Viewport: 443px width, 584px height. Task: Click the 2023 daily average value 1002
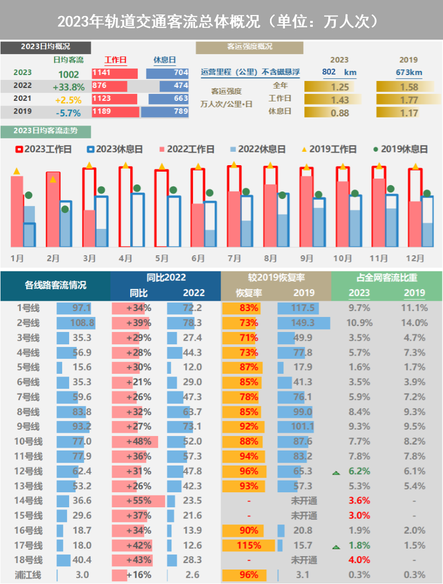point(69,75)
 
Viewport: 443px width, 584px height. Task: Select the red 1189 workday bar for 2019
point(115,112)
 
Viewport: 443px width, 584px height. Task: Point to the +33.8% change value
point(69,87)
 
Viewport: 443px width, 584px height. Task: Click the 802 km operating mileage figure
point(339,72)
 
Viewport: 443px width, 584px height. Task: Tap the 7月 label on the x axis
point(234,258)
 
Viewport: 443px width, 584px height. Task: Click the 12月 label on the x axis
point(415,258)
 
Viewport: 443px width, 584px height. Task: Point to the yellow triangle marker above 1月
point(17,171)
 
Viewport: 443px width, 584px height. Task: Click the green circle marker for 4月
point(137,188)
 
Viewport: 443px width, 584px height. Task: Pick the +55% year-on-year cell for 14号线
point(138,501)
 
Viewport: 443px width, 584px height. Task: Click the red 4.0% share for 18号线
point(359,560)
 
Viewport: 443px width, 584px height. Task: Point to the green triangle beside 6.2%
point(336,472)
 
